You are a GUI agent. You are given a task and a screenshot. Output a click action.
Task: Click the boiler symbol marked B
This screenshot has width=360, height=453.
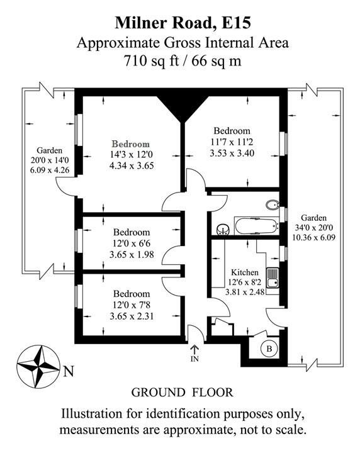pyautogui.click(x=269, y=349)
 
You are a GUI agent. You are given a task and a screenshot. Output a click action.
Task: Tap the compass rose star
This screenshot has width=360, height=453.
pyautogui.click(x=38, y=367)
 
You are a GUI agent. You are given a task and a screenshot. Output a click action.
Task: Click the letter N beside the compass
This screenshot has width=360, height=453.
pyautogui.click(x=69, y=371)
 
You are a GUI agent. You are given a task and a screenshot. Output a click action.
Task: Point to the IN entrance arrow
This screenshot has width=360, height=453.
pyautogui.click(x=194, y=350)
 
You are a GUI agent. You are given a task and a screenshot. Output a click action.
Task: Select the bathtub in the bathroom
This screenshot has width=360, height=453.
pyautogui.click(x=257, y=226)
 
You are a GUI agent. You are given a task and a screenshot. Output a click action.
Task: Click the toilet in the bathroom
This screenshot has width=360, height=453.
pyautogui.click(x=272, y=205)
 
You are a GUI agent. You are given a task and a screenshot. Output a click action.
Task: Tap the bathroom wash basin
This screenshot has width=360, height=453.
pyautogui.click(x=223, y=229)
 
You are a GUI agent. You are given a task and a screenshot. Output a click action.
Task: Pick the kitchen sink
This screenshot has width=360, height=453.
pyautogui.click(x=273, y=278)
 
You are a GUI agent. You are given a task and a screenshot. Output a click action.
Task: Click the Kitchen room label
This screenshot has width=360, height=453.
pyautogui.click(x=245, y=272)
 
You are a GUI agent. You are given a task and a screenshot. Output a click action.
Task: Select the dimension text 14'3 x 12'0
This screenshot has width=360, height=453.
pyautogui.click(x=132, y=155)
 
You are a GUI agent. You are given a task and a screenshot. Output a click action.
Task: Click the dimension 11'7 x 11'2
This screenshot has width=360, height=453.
pyautogui.click(x=232, y=142)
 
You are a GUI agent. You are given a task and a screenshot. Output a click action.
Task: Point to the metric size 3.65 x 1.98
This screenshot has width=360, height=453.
pyautogui.click(x=132, y=255)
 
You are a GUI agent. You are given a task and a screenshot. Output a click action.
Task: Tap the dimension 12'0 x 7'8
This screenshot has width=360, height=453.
pyautogui.click(x=132, y=305)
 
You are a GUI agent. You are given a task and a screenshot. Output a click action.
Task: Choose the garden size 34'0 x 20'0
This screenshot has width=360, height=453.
pyautogui.click(x=314, y=228)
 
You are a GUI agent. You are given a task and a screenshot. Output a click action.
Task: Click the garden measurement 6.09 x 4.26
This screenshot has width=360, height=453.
pyautogui.click(x=50, y=170)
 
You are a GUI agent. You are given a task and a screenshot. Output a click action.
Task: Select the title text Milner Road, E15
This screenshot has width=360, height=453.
pyautogui.click(x=183, y=23)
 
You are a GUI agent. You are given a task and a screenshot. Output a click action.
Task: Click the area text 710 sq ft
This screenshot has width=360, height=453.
pyautogui.click(x=152, y=61)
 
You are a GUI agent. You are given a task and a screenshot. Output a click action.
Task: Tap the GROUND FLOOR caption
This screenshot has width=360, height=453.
pyautogui.click(x=182, y=393)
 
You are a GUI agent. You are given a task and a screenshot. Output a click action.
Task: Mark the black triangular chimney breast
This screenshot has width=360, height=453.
pyautogui.click(x=183, y=108)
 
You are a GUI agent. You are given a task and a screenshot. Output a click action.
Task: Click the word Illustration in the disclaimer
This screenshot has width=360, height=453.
pyautogui.click(x=91, y=414)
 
